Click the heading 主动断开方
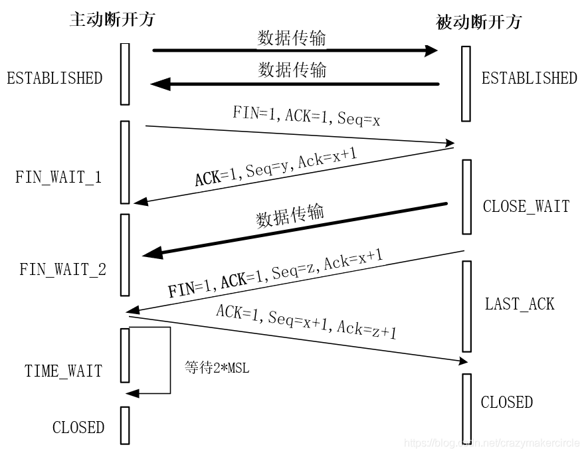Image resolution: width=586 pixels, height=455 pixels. (x=112, y=19)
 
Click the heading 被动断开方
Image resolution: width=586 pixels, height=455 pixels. (x=478, y=22)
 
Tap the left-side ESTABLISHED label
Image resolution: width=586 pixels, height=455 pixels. (x=54, y=78)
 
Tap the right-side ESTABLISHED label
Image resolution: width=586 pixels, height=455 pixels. (x=529, y=78)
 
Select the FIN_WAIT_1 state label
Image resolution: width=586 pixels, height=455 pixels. (x=58, y=178)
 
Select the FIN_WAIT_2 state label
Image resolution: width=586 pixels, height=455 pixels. (x=62, y=270)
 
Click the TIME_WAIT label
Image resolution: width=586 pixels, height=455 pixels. (x=64, y=371)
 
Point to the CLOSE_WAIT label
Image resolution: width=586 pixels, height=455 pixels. (x=526, y=206)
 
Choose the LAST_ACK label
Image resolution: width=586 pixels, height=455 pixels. (x=519, y=304)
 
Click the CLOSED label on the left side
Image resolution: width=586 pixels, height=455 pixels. (x=78, y=427)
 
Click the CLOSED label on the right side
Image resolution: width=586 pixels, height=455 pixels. (x=506, y=402)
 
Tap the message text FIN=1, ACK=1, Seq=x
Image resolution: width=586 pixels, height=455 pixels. (x=306, y=116)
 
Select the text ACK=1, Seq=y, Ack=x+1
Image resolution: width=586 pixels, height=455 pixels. (x=276, y=168)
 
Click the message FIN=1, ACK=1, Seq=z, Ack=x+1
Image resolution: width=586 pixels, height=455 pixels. (x=275, y=274)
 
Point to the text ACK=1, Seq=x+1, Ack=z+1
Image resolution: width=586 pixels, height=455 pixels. (x=306, y=321)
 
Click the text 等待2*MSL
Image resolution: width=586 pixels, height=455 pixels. (x=217, y=367)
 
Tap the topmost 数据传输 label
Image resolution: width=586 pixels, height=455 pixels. (x=292, y=38)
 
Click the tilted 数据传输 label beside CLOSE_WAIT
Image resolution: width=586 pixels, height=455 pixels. (x=290, y=216)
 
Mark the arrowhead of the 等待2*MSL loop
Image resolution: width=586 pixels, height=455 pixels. (x=132, y=393)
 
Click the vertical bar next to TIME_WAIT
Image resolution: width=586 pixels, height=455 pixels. (x=125, y=355)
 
